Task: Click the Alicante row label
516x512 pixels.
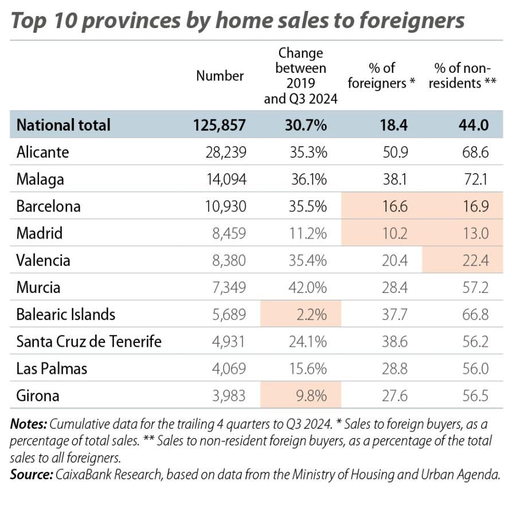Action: click(x=42, y=152)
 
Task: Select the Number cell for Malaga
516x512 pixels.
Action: click(x=226, y=179)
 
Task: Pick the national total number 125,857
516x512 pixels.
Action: click(x=220, y=125)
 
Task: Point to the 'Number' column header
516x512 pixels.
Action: click(x=220, y=76)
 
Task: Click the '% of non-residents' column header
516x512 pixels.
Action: click(x=464, y=76)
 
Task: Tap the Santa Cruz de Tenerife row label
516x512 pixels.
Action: click(x=89, y=342)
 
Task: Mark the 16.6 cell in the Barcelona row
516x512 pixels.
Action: click(x=394, y=206)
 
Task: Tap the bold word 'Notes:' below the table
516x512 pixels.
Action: click(x=29, y=425)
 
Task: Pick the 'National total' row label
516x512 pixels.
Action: click(x=63, y=125)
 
